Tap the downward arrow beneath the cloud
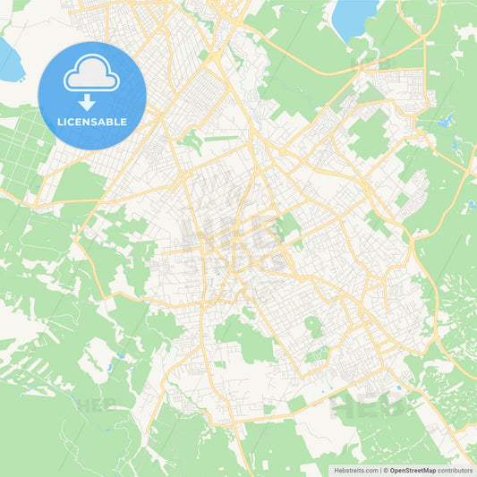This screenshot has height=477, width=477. (x=92, y=102)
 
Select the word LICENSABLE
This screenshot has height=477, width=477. (x=92, y=122)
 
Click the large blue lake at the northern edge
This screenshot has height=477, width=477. (x=354, y=16)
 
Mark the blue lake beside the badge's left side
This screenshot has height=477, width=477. (x=9, y=61)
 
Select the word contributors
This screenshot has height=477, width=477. (x=456, y=470)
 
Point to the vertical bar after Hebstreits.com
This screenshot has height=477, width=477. (x=381, y=470)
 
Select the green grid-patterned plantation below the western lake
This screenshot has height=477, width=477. (x=22, y=148)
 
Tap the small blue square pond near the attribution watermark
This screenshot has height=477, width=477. (x=399, y=388)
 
